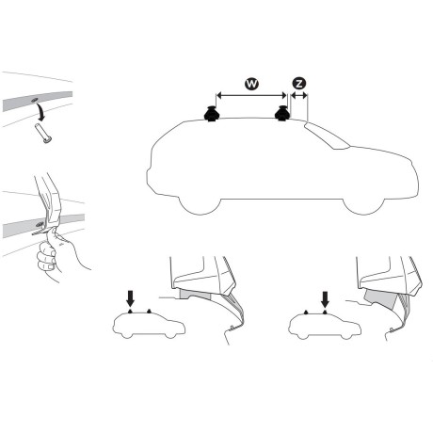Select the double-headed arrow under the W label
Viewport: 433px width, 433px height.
[251, 95]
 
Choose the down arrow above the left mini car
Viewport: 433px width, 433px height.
[130, 299]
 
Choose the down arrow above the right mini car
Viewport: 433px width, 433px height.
[325, 299]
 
